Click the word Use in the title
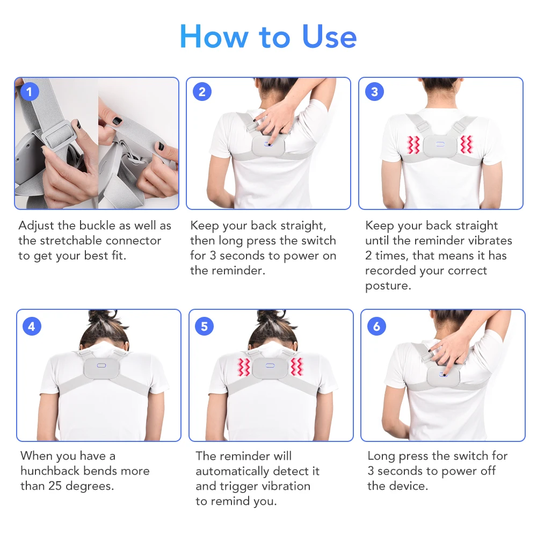[329, 37]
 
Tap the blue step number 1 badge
[29, 92]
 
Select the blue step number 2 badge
[201, 92]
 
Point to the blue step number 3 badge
[374, 92]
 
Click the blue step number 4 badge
[32, 326]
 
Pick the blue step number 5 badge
[204, 326]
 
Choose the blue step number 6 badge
[376, 326]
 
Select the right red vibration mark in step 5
[296, 367]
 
